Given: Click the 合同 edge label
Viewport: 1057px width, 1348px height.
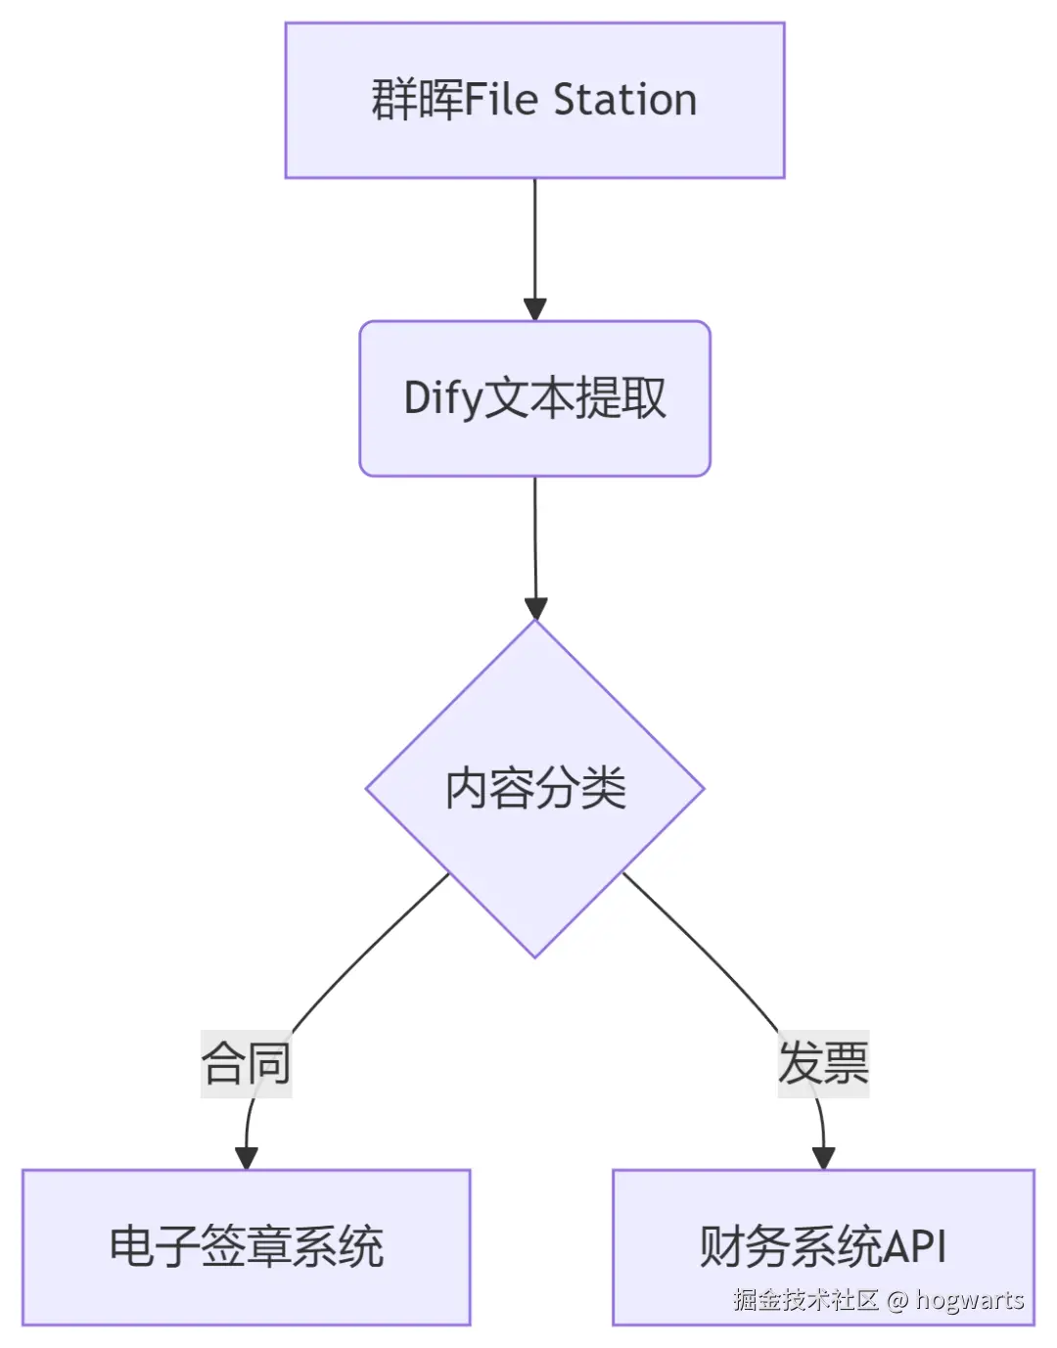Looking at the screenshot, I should pyautogui.click(x=246, y=1063).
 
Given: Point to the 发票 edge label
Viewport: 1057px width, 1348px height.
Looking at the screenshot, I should pyautogui.click(x=823, y=1063).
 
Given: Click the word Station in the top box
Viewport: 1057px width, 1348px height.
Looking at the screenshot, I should pyautogui.click(x=624, y=100).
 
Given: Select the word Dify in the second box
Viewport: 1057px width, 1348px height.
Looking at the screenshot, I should pyautogui.click(x=443, y=399).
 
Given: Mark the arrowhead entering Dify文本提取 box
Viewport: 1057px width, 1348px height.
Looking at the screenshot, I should pyautogui.click(x=534, y=308).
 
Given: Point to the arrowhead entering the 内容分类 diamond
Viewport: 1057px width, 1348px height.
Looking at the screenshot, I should pyautogui.click(x=534, y=607).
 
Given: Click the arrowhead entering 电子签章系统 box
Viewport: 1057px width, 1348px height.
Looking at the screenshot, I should pyautogui.click(x=246, y=1157).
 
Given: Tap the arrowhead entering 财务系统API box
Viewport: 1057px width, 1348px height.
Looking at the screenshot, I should pyautogui.click(x=823, y=1157).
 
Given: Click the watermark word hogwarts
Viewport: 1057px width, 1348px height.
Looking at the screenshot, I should pyautogui.click(x=969, y=1300).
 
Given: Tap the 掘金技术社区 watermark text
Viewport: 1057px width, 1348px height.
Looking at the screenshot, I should pyautogui.click(x=805, y=1300).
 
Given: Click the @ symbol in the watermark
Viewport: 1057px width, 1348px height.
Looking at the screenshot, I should pyautogui.click(x=897, y=1300).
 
